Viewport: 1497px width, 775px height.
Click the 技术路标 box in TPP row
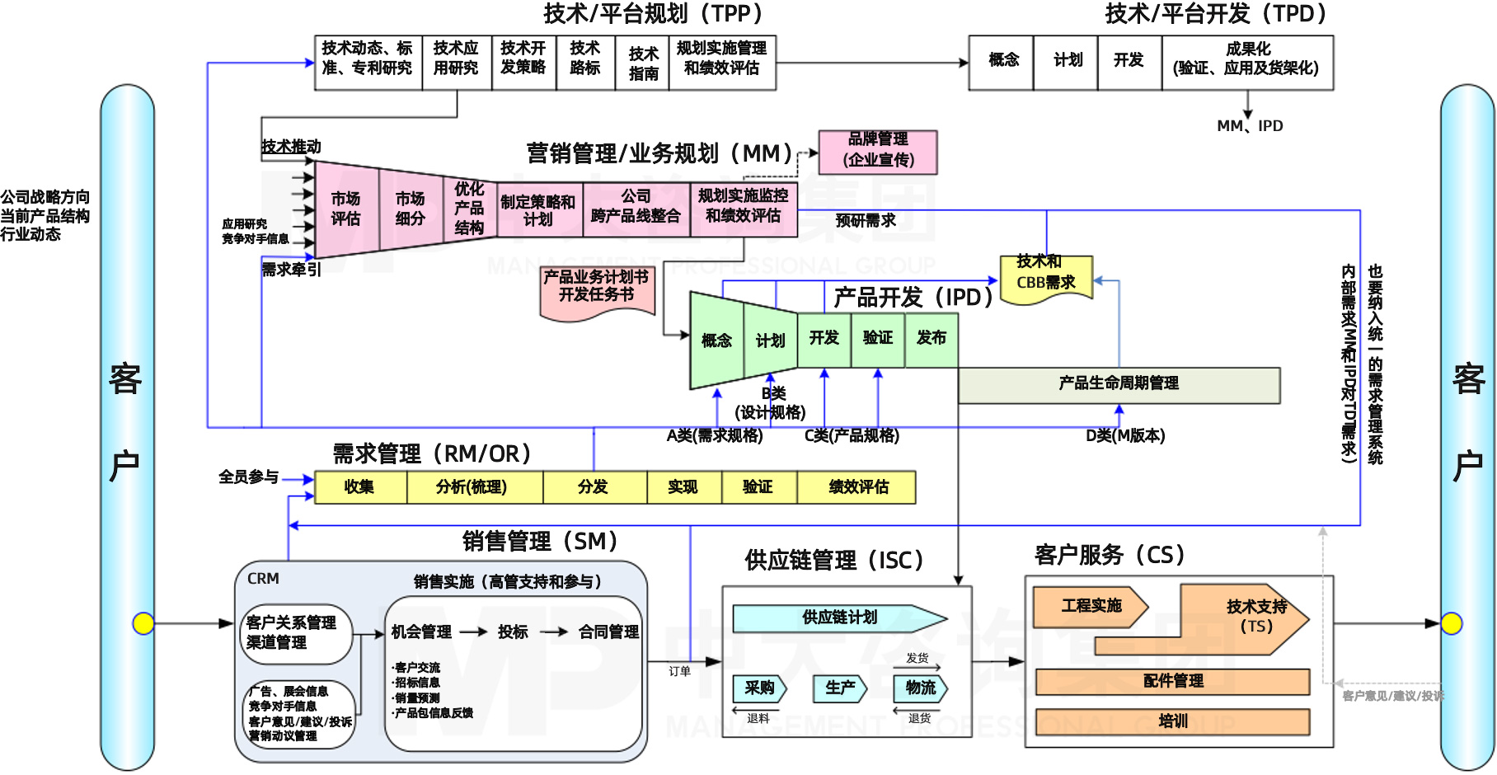pos(585,59)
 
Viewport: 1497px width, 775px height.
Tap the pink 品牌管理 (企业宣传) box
pos(878,151)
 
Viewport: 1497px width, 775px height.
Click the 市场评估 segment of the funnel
pos(345,209)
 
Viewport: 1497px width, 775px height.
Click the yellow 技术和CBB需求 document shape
pos(1045,277)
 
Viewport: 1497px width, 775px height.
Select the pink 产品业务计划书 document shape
pos(597,289)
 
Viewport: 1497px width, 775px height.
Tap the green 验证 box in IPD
pos(878,338)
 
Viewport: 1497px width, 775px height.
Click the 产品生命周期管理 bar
pos(1119,384)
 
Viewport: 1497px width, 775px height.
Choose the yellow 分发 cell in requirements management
pos(594,487)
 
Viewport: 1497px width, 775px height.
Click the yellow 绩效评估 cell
pos(857,487)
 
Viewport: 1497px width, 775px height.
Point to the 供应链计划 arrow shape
pos(839,618)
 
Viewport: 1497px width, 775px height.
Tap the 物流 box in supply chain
pos(920,688)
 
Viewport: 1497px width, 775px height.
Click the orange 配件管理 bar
pos(1172,681)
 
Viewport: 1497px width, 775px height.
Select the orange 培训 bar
pos(1172,721)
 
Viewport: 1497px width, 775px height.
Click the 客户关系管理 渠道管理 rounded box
pos(294,633)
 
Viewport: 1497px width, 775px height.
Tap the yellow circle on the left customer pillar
pos(143,623)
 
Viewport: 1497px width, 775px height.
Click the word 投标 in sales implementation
pos(513,632)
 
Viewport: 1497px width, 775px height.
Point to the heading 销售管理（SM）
pos(540,542)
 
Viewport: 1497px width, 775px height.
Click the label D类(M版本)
pos(1124,436)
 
